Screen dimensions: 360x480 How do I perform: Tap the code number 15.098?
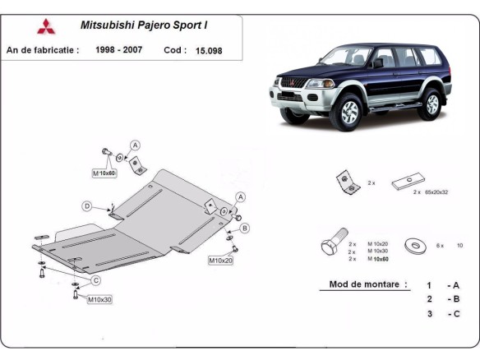pos(209,50)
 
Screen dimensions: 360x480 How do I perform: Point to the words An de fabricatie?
pos(43,50)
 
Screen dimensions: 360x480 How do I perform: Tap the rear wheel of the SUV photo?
pos(432,104)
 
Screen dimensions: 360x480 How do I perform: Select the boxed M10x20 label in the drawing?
pos(220,261)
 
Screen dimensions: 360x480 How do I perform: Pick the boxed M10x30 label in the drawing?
pos(99,299)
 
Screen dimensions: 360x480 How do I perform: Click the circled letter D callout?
pos(86,205)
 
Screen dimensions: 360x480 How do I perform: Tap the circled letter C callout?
pos(95,280)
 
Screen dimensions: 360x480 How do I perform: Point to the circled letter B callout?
pos(245,228)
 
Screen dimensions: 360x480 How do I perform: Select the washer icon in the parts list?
pos(412,244)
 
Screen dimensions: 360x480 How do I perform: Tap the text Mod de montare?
pos(367,284)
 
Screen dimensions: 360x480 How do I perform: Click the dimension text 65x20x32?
pos(436,192)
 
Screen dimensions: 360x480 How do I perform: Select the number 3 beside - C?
pos(428,314)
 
